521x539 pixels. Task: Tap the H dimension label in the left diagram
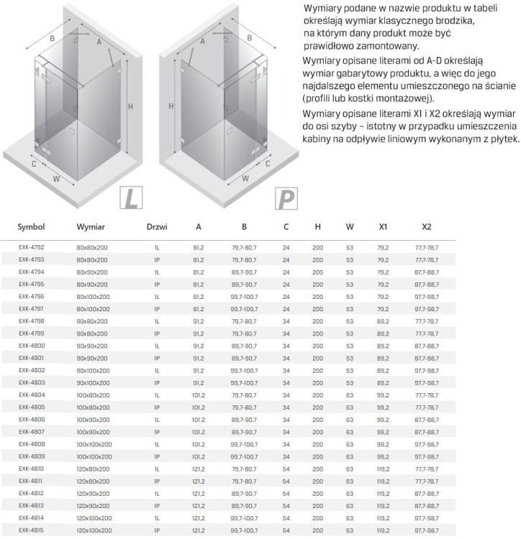point(131,106)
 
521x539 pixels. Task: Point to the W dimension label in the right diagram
point(245,178)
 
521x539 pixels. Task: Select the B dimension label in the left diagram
point(52,39)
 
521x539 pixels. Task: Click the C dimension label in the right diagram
point(267,163)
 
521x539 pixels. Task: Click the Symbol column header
point(31,226)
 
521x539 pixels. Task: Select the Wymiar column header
point(91,226)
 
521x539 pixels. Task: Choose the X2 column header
point(427,226)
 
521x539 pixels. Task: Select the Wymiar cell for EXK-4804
point(92,395)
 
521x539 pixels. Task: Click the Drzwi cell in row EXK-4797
point(156,308)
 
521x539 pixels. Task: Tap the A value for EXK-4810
point(199,469)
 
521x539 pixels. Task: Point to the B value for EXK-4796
point(244,296)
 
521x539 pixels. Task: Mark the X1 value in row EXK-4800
point(383,346)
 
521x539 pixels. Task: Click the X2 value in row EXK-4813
point(427,506)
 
